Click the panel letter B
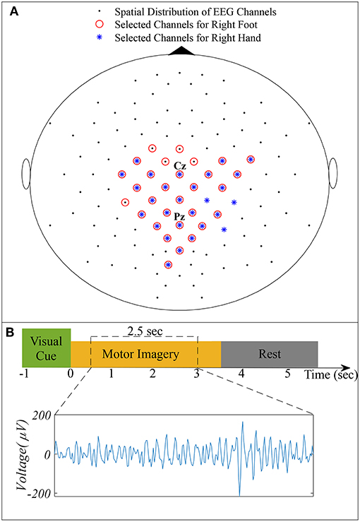click(10, 331)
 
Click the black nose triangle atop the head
click(180, 50)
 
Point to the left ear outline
click(28, 174)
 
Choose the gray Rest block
click(270, 353)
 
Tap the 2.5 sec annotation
click(144, 330)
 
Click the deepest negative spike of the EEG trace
click(239, 494)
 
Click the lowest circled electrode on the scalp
click(168, 265)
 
